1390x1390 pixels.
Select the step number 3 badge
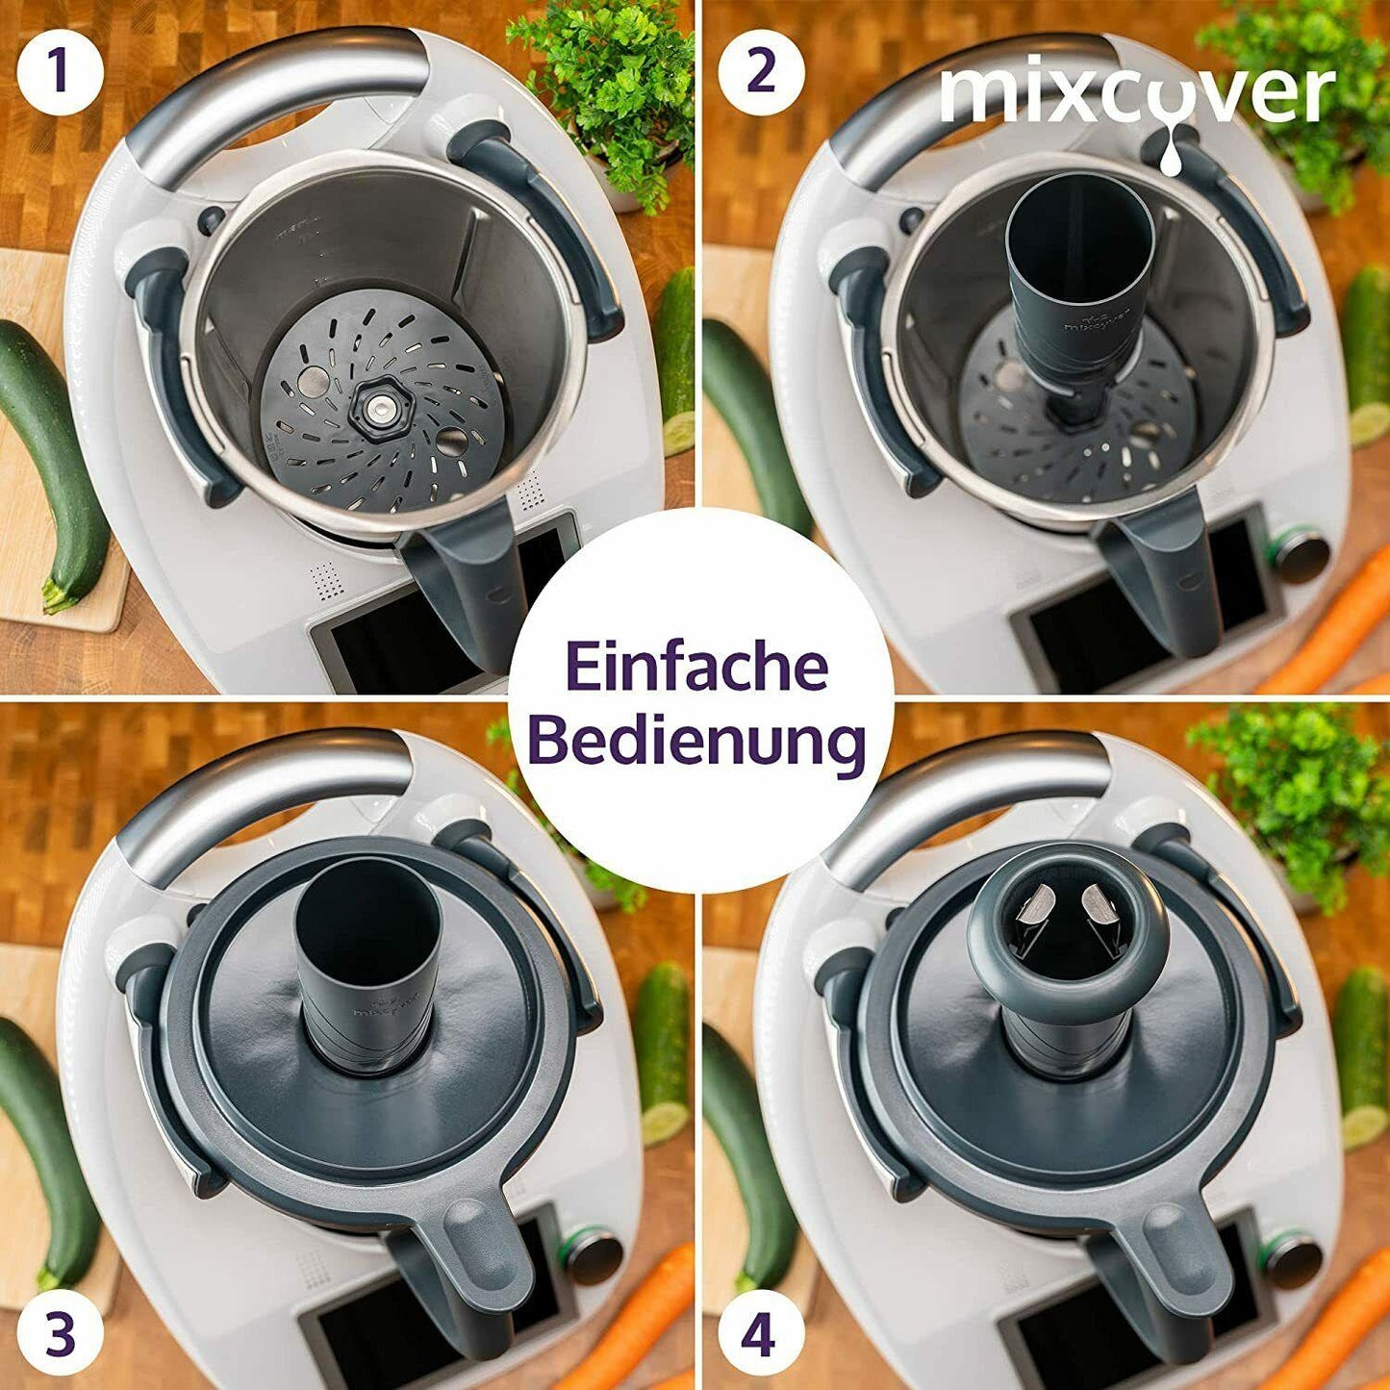pyautogui.click(x=60, y=1334)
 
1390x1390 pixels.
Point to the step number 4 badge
pyautogui.click(x=758, y=1334)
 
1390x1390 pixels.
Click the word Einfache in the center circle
pyautogui.click(x=696, y=667)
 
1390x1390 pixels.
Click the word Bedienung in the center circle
pyautogui.click(x=696, y=742)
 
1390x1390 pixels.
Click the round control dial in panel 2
pyautogui.click(x=1300, y=555)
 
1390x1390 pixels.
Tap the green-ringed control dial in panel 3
pyautogui.click(x=592, y=1253)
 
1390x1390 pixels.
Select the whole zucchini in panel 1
pyautogui.click(x=53, y=462)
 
